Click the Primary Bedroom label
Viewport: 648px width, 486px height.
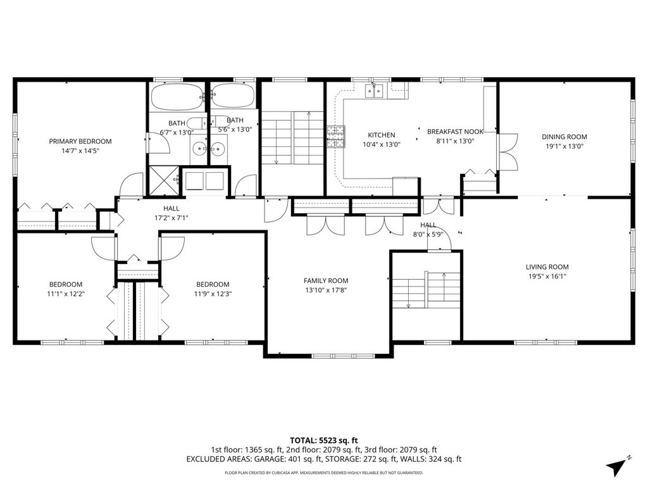(x=80, y=141)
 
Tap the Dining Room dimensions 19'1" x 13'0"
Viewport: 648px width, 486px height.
(x=564, y=146)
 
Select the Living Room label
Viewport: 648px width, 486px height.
(x=547, y=267)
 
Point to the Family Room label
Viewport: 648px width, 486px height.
(x=326, y=280)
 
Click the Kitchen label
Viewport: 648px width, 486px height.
(x=382, y=135)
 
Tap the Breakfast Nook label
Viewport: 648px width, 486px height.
(x=455, y=132)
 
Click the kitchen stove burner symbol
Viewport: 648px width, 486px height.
(x=336, y=137)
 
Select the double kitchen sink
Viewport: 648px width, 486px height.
(x=375, y=91)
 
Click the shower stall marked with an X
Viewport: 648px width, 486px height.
(x=164, y=180)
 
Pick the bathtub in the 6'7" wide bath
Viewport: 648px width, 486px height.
(x=177, y=97)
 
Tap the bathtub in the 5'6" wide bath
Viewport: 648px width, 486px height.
(x=233, y=97)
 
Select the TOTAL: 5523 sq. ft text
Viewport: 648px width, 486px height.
(x=323, y=440)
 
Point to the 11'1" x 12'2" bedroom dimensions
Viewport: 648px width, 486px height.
(x=66, y=294)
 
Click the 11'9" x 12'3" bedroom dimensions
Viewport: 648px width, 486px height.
(x=213, y=294)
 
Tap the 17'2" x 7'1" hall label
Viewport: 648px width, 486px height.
(x=171, y=218)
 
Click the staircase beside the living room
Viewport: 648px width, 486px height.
(x=426, y=289)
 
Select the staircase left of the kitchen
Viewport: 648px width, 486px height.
(x=292, y=137)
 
